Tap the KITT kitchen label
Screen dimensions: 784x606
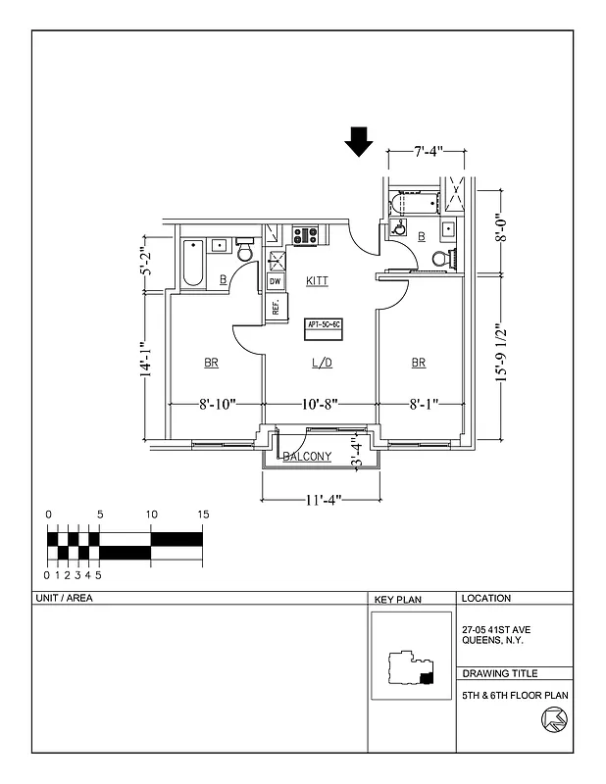pos(317,281)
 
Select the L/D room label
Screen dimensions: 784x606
pos(322,364)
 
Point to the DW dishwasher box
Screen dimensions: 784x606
pos(276,281)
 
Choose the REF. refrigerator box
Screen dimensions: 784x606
pos(276,306)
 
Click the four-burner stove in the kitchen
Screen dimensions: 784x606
pos(305,235)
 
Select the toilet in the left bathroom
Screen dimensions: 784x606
pos(245,254)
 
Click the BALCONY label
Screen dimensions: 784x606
pos(307,457)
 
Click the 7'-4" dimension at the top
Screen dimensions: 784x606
pos(428,151)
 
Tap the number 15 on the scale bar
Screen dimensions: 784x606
pos(203,514)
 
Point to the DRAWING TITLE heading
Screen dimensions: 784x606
pos(499,673)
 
